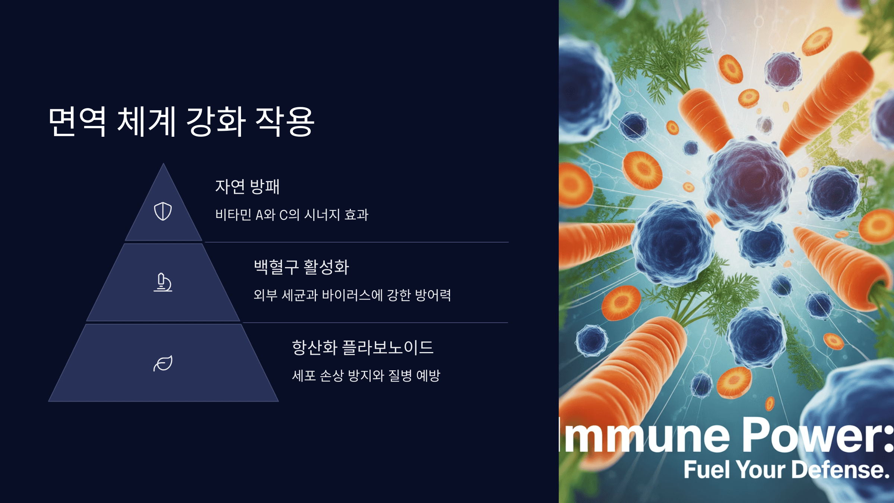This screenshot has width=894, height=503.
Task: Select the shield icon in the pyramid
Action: pos(163,211)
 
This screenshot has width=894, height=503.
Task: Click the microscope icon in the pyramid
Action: pos(163,282)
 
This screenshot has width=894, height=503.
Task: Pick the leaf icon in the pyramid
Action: pos(163,363)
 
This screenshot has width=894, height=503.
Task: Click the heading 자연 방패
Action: pos(247,187)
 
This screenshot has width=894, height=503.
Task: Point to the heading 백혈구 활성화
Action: pos(301,267)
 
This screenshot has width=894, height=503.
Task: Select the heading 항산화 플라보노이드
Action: pos(362,347)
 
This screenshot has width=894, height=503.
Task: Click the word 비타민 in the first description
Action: pos(233,215)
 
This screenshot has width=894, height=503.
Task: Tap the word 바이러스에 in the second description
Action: pos(352,295)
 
